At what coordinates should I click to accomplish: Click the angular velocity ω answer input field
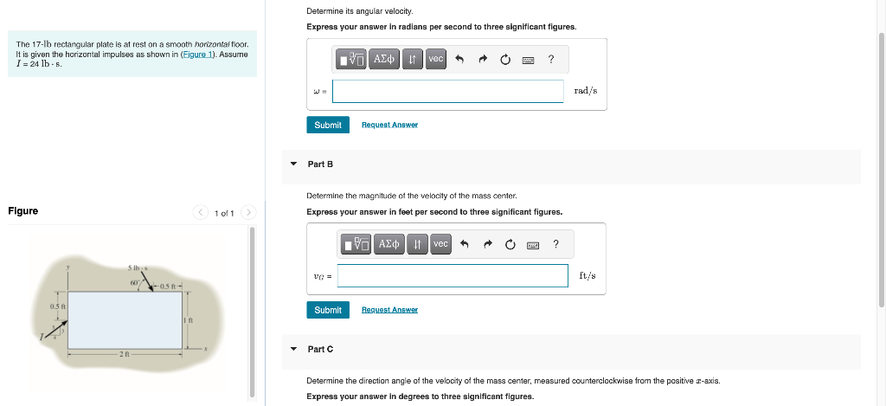(x=447, y=92)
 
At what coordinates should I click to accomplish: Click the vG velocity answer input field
(x=453, y=275)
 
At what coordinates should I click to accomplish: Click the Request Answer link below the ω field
(x=389, y=125)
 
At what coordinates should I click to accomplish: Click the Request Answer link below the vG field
(x=389, y=310)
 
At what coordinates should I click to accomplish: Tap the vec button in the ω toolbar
(x=435, y=59)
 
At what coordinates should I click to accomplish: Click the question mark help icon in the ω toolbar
(x=551, y=59)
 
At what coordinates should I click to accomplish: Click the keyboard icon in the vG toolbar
(x=533, y=245)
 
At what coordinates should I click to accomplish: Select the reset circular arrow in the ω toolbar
(x=504, y=59)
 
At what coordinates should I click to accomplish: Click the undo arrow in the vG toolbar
(x=465, y=245)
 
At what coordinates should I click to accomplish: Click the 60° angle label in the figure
(x=135, y=281)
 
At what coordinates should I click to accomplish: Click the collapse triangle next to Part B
(x=293, y=164)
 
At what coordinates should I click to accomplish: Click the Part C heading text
(x=320, y=349)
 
